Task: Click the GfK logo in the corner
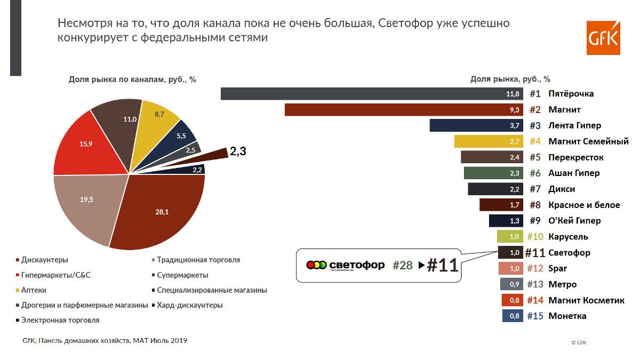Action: click(x=603, y=38)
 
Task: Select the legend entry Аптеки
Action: click(x=34, y=290)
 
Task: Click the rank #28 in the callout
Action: click(x=402, y=266)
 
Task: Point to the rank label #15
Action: click(x=534, y=316)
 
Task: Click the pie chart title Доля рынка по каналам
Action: click(x=132, y=79)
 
